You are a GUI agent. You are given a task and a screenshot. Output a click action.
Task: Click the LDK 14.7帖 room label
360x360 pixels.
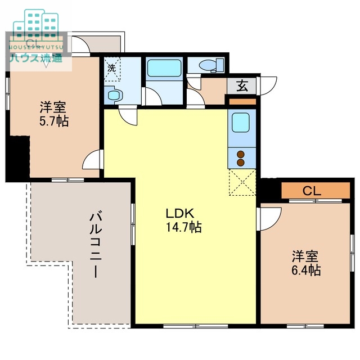(x=184, y=220)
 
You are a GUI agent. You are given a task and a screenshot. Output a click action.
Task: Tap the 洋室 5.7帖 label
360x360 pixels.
(x=54, y=114)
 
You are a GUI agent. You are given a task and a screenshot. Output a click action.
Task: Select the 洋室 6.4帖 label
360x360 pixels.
(x=306, y=263)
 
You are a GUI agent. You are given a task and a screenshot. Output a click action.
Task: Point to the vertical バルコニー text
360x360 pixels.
(x=96, y=245)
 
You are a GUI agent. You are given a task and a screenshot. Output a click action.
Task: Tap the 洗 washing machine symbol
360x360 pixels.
(x=112, y=69)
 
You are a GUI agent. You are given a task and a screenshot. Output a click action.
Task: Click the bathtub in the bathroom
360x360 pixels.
(x=164, y=68)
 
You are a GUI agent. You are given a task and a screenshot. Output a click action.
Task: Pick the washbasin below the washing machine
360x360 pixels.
(x=114, y=95)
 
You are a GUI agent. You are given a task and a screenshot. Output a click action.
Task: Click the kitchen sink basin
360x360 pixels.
(x=241, y=123)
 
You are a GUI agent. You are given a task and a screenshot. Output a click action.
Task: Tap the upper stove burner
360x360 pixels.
(x=240, y=155)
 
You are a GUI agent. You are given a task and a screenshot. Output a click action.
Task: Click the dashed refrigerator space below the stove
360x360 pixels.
(x=242, y=182)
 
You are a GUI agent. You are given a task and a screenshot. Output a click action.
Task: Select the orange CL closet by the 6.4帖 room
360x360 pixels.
(x=316, y=191)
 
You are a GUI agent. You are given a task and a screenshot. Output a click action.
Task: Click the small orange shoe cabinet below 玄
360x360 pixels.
(x=242, y=102)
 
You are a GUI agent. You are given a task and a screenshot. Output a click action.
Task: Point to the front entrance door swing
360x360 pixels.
(x=268, y=85)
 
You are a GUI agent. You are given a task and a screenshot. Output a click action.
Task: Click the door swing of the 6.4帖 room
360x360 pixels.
(x=269, y=219)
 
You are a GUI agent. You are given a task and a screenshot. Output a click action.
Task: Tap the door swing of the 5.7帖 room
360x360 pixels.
(x=92, y=160)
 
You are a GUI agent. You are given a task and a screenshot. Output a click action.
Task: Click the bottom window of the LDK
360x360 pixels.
(x=196, y=326)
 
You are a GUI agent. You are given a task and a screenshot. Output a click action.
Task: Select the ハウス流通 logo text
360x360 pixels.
(x=36, y=58)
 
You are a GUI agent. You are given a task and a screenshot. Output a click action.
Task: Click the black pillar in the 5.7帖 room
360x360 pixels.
(x=18, y=157)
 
